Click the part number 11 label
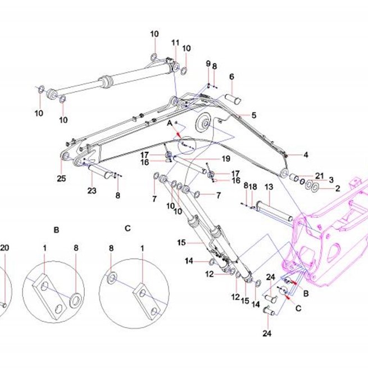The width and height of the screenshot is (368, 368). coord(175,43)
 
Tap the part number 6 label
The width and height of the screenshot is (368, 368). coord(231,76)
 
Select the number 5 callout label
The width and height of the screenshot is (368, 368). coord(254,115)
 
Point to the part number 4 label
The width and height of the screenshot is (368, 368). coord(306,155)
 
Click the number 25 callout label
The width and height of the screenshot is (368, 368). coord(61,178)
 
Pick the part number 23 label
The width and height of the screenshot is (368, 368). coord(92,190)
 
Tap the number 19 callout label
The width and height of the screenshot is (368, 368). coord(226,159)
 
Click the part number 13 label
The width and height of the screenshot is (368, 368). coord(269,187)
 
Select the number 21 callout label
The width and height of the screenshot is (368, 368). coord(320,175)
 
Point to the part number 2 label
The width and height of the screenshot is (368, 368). coord(338,188)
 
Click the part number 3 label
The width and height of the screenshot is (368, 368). coord(331,180)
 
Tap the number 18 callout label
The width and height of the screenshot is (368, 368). coord(253,187)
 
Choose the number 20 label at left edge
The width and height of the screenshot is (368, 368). coord(4,248)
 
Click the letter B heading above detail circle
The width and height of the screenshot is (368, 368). coord(56,230)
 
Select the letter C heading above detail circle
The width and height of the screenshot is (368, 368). coord(128,228)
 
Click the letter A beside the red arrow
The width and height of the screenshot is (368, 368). coord(170,123)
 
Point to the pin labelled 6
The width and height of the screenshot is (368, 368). coord(233,98)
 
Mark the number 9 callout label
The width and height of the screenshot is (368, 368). coord(208,63)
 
